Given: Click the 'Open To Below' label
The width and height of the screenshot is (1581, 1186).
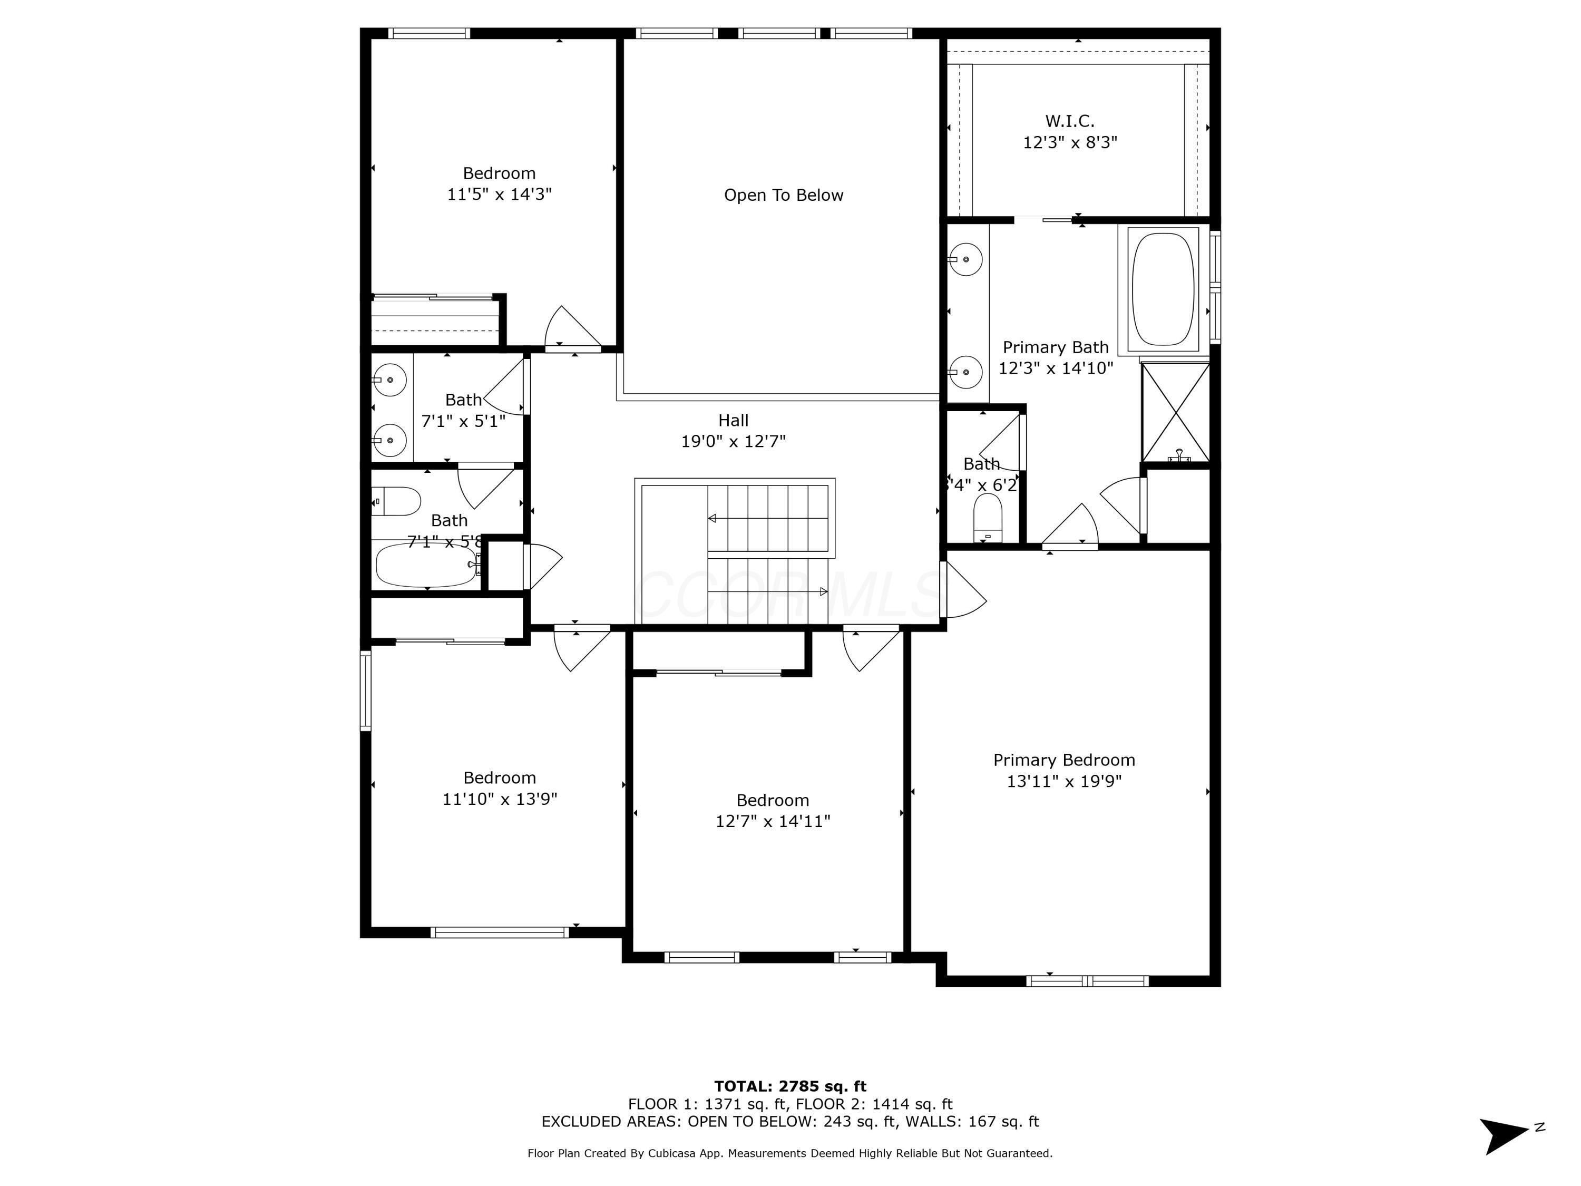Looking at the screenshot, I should pyautogui.click(x=783, y=195).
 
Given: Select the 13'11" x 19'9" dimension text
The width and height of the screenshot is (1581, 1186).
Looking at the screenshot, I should pyautogui.click(x=1063, y=781).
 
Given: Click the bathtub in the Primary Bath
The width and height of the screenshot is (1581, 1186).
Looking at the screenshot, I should pyautogui.click(x=1163, y=289).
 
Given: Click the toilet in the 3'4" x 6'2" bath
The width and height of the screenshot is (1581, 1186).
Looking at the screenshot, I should pyautogui.click(x=988, y=518).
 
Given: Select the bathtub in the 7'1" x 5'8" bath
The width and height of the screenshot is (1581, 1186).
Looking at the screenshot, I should pyautogui.click(x=427, y=565).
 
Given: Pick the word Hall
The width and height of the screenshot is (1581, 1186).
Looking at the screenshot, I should pyautogui.click(x=734, y=420).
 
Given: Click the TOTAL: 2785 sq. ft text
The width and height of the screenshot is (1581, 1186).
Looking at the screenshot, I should pyautogui.click(x=790, y=1086).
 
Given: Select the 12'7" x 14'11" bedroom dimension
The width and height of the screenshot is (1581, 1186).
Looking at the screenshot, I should pyautogui.click(x=773, y=821).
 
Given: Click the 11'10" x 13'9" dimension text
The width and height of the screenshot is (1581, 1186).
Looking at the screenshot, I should pyautogui.click(x=500, y=799).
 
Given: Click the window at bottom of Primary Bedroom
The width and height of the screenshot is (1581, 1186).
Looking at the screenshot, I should pyautogui.click(x=1087, y=981).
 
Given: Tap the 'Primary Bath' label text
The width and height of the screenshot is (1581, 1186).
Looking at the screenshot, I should pyautogui.click(x=1055, y=347).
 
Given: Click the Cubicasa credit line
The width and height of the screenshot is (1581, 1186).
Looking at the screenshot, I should pyautogui.click(x=790, y=1153).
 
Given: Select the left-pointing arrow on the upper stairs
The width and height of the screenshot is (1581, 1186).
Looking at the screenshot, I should pyautogui.click(x=712, y=518).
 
